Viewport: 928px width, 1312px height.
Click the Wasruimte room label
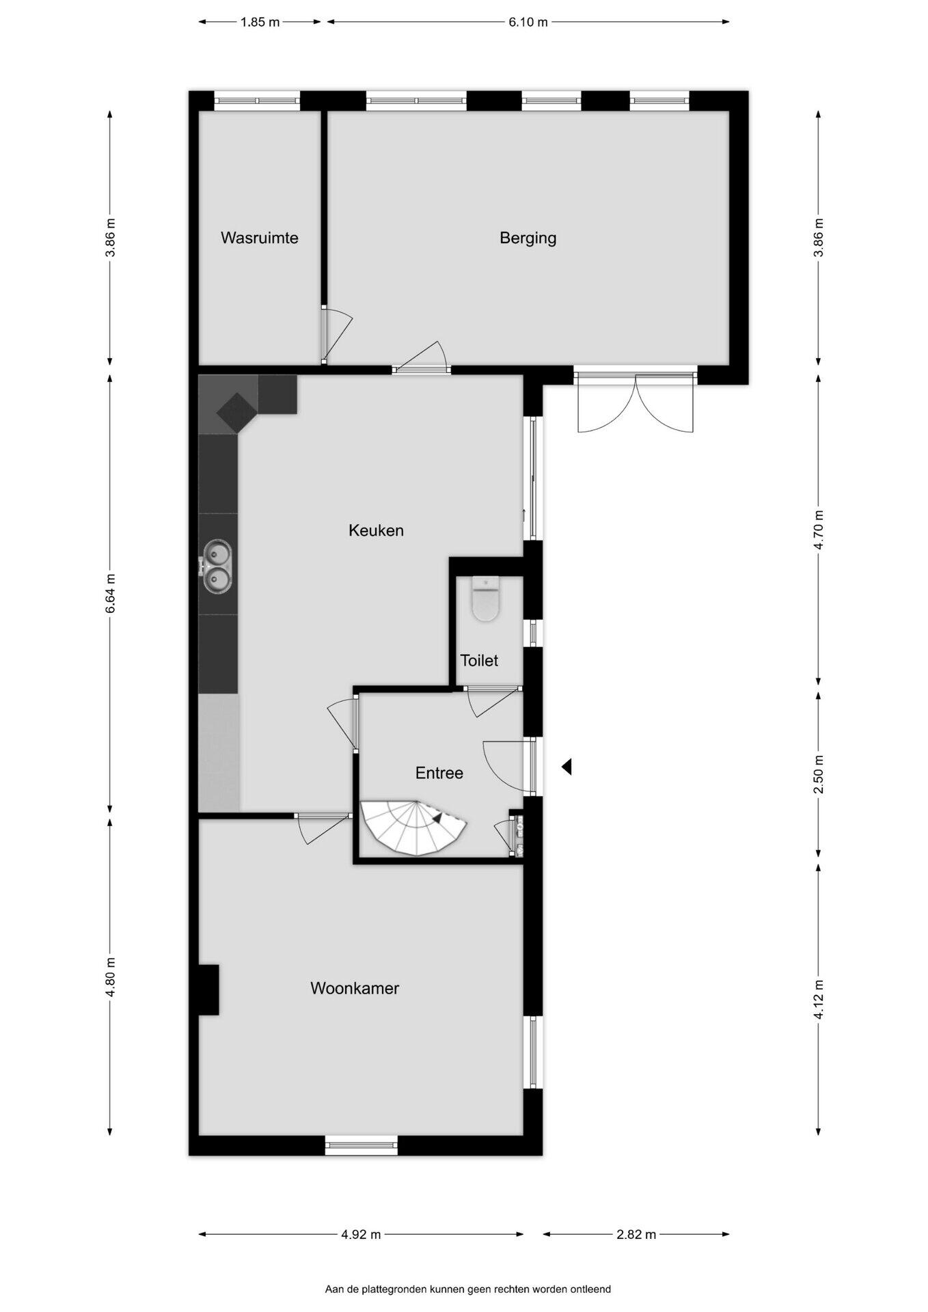[x=259, y=238]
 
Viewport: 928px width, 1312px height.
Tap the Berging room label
[x=528, y=238]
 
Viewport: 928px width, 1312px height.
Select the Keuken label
[x=376, y=530]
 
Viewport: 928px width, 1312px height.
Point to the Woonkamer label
[x=355, y=988]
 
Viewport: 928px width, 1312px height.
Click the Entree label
[x=439, y=773]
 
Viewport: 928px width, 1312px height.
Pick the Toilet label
[x=479, y=661]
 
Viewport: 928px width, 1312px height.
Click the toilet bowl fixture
[x=486, y=599]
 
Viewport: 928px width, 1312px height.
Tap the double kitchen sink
[x=217, y=566]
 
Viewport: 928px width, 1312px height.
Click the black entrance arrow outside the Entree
[x=567, y=767]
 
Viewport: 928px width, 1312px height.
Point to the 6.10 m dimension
[x=528, y=22]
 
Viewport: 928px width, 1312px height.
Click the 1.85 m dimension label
[x=260, y=22]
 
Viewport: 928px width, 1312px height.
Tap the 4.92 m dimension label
[x=361, y=1234]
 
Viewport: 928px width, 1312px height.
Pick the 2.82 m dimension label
[x=636, y=1234]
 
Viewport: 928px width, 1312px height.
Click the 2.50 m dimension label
[x=819, y=774]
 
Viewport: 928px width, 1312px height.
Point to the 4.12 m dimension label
[x=819, y=999]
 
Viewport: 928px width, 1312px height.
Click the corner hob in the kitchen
[x=236, y=413]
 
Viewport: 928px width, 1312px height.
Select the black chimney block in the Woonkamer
[x=208, y=989]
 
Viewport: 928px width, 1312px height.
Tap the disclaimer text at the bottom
[x=468, y=1289]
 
